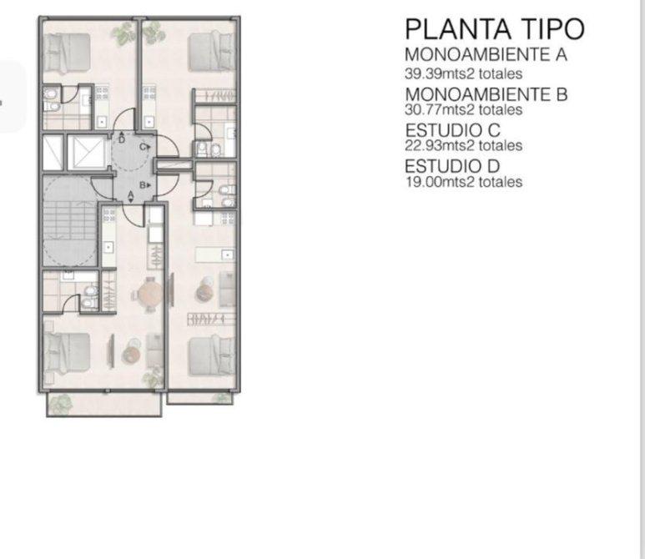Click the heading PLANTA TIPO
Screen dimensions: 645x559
click(495, 29)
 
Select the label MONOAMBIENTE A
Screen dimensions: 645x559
click(486, 55)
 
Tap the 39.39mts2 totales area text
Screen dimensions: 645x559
click(464, 74)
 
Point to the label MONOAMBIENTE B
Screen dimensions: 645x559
click(486, 94)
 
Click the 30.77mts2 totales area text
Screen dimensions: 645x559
click(464, 110)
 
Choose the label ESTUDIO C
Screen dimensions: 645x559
click(452, 130)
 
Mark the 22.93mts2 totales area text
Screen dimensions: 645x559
click(464, 146)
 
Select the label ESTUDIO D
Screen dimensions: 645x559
click(452, 166)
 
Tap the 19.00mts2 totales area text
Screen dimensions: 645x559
click(464, 182)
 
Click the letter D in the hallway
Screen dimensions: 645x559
click(122, 140)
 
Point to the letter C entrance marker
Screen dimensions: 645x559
click(144, 147)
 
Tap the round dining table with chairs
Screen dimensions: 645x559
click(149, 295)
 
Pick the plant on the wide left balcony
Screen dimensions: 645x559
click(61, 403)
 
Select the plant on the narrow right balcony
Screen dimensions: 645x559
click(224, 398)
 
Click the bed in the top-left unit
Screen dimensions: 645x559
click(67, 52)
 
